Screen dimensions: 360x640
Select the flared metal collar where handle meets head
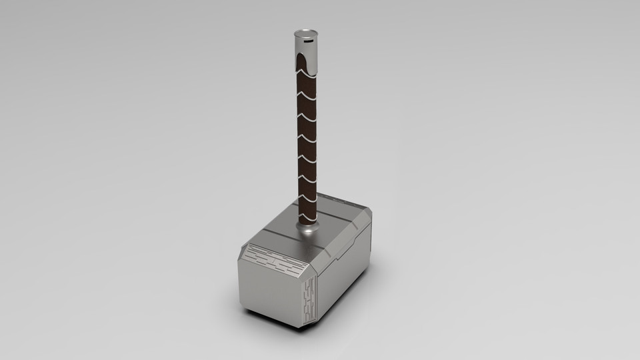[309, 229]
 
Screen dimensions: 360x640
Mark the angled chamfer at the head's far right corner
[367, 217]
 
